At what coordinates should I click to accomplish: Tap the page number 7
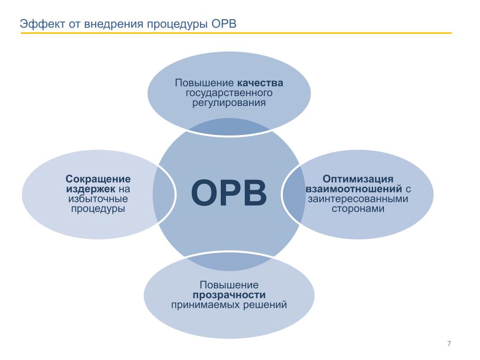(x=449, y=344)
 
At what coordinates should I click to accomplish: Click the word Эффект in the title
(x=43, y=24)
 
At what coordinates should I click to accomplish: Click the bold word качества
(x=260, y=82)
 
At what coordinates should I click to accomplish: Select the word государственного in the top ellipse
(x=229, y=93)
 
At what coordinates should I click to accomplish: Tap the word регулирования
(x=229, y=103)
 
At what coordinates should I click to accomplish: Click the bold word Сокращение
(x=98, y=179)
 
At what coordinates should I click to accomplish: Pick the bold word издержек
(x=90, y=189)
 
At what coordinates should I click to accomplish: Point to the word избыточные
(x=98, y=199)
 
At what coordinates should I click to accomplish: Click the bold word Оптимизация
(x=358, y=179)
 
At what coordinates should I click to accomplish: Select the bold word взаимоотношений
(x=354, y=189)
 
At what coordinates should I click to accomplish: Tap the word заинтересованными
(x=358, y=199)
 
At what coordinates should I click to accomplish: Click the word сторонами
(x=358, y=209)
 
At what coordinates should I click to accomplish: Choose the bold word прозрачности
(x=229, y=295)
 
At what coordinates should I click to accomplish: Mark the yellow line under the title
(x=236, y=33)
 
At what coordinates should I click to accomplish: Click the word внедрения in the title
(x=114, y=24)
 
